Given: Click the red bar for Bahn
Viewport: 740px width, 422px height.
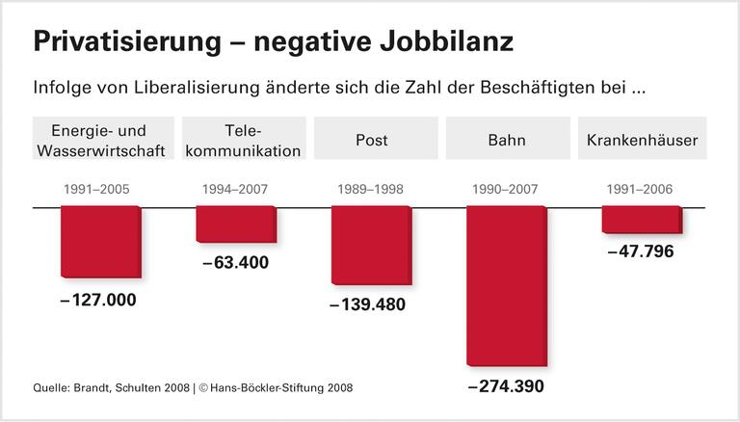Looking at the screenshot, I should click(x=506, y=286).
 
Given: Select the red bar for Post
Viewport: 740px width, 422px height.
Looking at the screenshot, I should click(x=371, y=246).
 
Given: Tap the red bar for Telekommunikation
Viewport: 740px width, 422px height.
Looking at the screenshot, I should click(x=236, y=224).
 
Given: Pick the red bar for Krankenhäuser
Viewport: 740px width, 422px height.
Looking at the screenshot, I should click(x=642, y=220).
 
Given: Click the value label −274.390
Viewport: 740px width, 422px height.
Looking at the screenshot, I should click(x=506, y=386).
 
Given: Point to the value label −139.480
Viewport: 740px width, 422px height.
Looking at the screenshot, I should click(x=368, y=304).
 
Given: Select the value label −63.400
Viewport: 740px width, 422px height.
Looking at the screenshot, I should click(x=236, y=262).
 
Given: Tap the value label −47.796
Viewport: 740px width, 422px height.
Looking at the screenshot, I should click(x=641, y=251).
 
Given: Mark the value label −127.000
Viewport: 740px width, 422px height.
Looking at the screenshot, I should click(x=98, y=300).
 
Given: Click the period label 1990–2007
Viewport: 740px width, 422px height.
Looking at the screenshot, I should click(x=506, y=189).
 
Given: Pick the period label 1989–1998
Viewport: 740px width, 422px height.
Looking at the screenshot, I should click(x=371, y=189).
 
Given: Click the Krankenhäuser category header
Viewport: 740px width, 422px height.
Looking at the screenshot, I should click(x=642, y=140).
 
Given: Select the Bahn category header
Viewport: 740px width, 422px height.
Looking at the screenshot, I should click(x=507, y=140).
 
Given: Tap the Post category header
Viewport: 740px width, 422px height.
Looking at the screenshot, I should click(x=371, y=140).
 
